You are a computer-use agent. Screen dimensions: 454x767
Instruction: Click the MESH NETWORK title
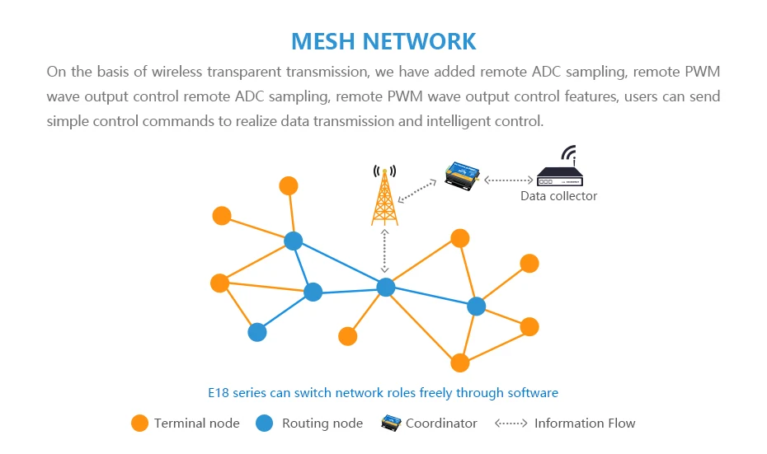click(383, 41)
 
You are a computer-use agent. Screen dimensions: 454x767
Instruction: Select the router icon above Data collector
click(559, 171)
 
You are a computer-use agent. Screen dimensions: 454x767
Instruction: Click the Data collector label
click(558, 196)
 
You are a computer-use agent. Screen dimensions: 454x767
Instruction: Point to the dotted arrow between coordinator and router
click(508, 179)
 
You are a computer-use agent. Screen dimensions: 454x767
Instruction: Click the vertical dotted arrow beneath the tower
click(384, 251)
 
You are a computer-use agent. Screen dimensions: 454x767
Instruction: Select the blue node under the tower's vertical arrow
click(386, 287)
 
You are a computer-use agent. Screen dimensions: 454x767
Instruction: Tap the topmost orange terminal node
click(289, 185)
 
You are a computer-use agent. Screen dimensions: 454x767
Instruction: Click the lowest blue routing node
click(257, 332)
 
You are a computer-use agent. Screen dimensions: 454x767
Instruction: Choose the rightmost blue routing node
click(476, 306)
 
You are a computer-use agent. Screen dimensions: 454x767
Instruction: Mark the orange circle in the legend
click(140, 424)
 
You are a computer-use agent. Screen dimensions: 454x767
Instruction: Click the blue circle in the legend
click(264, 424)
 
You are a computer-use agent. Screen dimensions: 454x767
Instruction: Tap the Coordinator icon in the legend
click(390, 424)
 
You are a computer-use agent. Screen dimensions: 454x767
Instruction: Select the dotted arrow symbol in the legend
click(511, 424)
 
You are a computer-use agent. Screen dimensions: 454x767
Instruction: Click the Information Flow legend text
click(585, 424)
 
